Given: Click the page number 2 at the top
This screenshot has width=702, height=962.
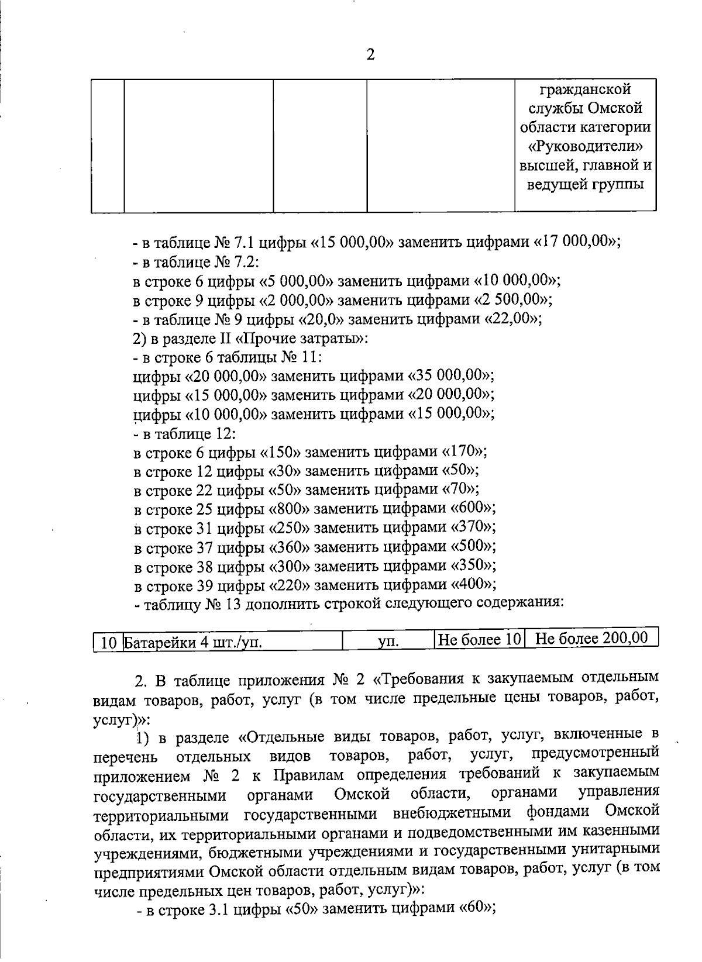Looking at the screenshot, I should [x=370, y=55].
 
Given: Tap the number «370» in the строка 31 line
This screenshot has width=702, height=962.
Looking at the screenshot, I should [x=473, y=527].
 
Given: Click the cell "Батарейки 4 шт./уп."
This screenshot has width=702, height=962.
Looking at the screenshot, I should [x=193, y=643].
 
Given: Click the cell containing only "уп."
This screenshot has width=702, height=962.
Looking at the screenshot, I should [x=388, y=642].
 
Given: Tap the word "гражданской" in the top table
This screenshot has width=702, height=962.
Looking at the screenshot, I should [x=585, y=89].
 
